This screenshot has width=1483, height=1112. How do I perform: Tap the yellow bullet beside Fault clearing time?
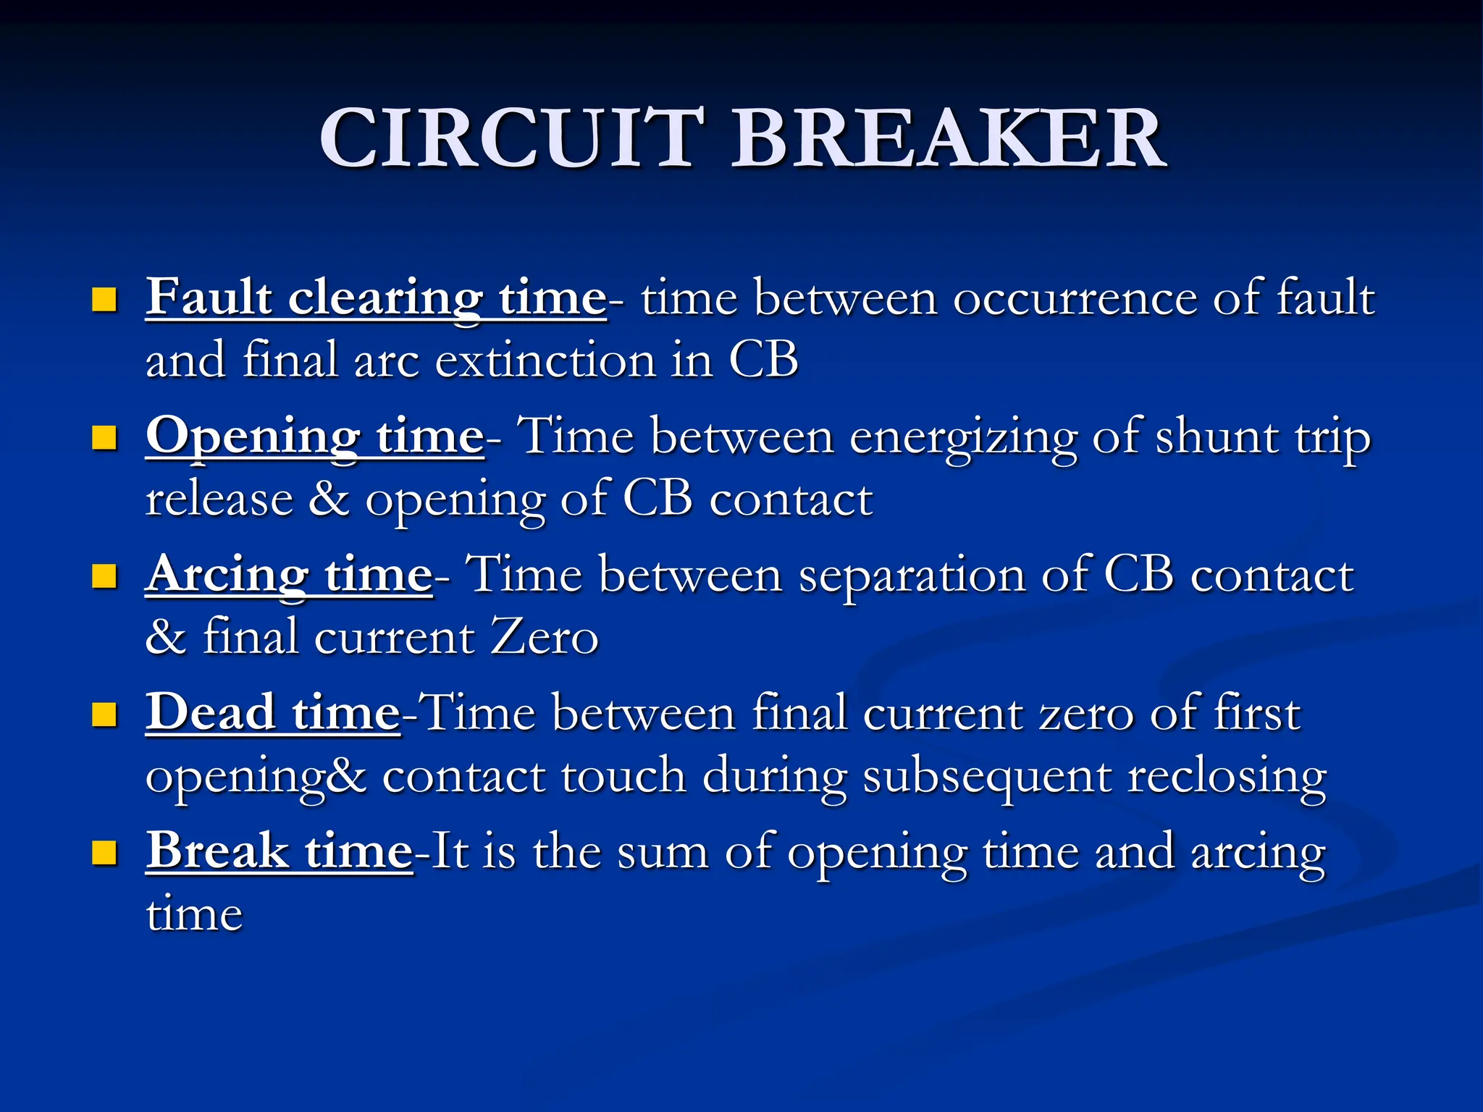[105, 299]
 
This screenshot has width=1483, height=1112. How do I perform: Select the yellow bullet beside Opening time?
[105, 437]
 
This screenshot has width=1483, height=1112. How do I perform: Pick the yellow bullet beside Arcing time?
[105, 576]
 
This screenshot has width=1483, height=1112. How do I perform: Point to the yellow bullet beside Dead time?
[105, 715]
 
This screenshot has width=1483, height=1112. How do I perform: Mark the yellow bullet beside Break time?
[105, 852]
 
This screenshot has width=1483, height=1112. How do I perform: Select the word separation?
[912, 577]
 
